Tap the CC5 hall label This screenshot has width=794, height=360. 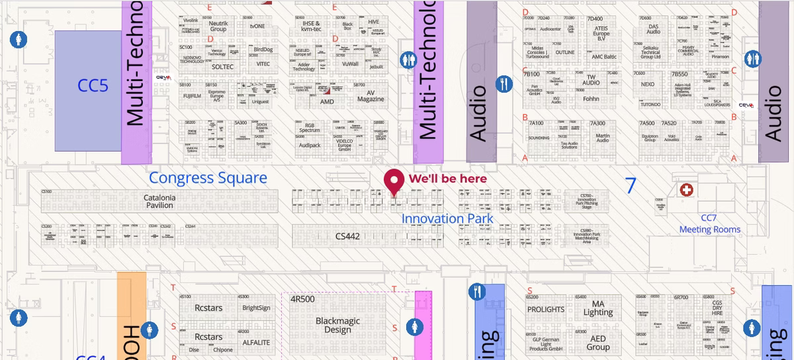point(93,85)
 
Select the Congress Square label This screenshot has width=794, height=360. point(208,177)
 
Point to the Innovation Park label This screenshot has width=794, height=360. point(447,218)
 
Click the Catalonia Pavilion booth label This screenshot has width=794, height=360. point(159,201)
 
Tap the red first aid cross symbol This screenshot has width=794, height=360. point(687,191)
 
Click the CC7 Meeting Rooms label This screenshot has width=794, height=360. point(709,224)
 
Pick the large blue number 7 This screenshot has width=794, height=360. point(631,185)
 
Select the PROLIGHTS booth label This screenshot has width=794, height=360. point(546,309)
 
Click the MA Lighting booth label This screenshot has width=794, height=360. point(597,308)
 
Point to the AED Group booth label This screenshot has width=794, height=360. point(597,343)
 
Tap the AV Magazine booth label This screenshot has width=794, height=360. point(371,96)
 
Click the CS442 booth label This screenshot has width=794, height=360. point(347,236)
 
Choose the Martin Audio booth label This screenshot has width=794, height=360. point(602,137)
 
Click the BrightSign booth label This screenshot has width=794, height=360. point(256,308)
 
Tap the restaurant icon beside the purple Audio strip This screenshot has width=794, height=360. point(504,84)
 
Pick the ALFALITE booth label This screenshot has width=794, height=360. point(256,342)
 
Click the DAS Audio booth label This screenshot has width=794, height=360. point(653,29)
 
